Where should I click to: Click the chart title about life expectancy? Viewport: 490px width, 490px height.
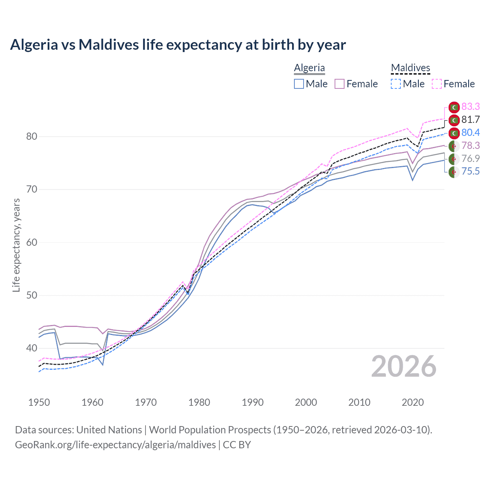(x=178, y=45)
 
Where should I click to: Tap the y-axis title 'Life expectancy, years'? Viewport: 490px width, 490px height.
(x=16, y=245)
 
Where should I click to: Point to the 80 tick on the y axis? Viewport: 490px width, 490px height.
(x=32, y=137)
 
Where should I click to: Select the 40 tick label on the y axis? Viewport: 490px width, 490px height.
(x=32, y=348)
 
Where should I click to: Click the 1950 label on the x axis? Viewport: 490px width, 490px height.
(x=39, y=402)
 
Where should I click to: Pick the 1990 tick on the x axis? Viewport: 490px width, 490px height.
(x=253, y=402)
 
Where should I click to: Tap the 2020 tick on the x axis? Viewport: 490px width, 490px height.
(x=413, y=402)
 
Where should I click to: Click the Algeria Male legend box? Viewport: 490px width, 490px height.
(x=299, y=84)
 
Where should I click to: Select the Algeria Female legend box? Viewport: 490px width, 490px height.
(x=340, y=84)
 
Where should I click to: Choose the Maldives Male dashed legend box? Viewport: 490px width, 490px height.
(x=396, y=84)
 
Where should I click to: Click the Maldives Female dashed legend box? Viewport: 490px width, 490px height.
(x=437, y=84)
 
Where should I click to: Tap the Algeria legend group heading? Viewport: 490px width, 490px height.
(x=309, y=68)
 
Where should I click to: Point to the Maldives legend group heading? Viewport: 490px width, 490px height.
(x=410, y=68)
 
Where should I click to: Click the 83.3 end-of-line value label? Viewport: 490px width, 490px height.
(x=470, y=106)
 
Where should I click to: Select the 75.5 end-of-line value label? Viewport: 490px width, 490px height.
(x=470, y=171)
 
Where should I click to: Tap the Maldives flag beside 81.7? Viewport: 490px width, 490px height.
(x=454, y=120)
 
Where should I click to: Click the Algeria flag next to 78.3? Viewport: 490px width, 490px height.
(x=454, y=146)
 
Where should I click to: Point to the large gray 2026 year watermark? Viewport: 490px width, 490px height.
(x=404, y=366)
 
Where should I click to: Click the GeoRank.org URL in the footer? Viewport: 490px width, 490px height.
(x=115, y=445)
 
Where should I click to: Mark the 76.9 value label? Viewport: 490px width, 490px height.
(x=470, y=158)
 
